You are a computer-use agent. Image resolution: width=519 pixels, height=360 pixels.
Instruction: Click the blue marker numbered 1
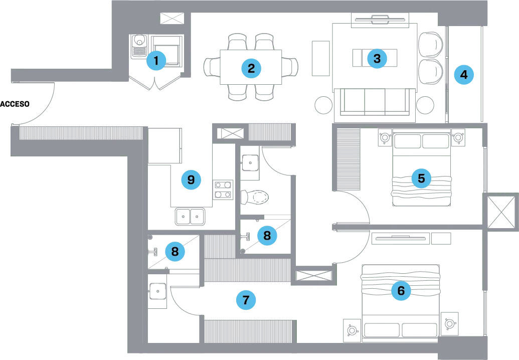[x=156, y=61]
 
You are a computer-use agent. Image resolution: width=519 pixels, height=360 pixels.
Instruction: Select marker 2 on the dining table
[x=251, y=68]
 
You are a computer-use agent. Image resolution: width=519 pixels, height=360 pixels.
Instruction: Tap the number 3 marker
[x=377, y=59]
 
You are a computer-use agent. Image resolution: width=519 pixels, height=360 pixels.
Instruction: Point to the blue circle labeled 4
[x=463, y=75]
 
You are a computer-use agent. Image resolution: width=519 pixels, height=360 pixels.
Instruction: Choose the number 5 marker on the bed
[x=421, y=178]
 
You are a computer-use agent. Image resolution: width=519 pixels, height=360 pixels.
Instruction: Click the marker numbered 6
[x=400, y=290]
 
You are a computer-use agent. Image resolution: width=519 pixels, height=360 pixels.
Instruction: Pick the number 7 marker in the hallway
[x=246, y=300]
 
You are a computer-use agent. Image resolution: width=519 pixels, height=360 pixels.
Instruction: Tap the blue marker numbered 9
[x=191, y=179]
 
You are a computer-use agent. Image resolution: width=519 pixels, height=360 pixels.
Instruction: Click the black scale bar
[x=16, y=104]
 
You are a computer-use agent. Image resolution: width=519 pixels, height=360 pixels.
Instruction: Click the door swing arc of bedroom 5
[x=359, y=206]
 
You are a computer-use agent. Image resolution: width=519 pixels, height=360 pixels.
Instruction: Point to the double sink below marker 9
[x=191, y=217]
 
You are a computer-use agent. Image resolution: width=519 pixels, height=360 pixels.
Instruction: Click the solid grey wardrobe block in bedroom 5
[x=347, y=160]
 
